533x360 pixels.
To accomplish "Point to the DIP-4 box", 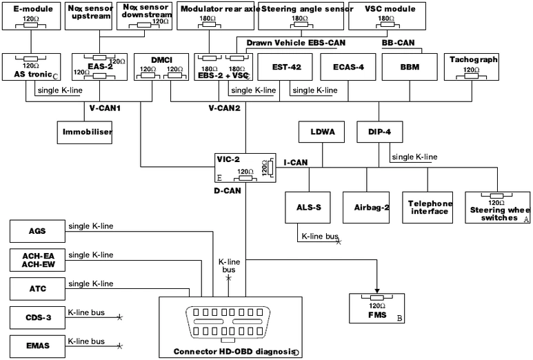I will coord(378,131).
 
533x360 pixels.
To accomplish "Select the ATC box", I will coord(36,289).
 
